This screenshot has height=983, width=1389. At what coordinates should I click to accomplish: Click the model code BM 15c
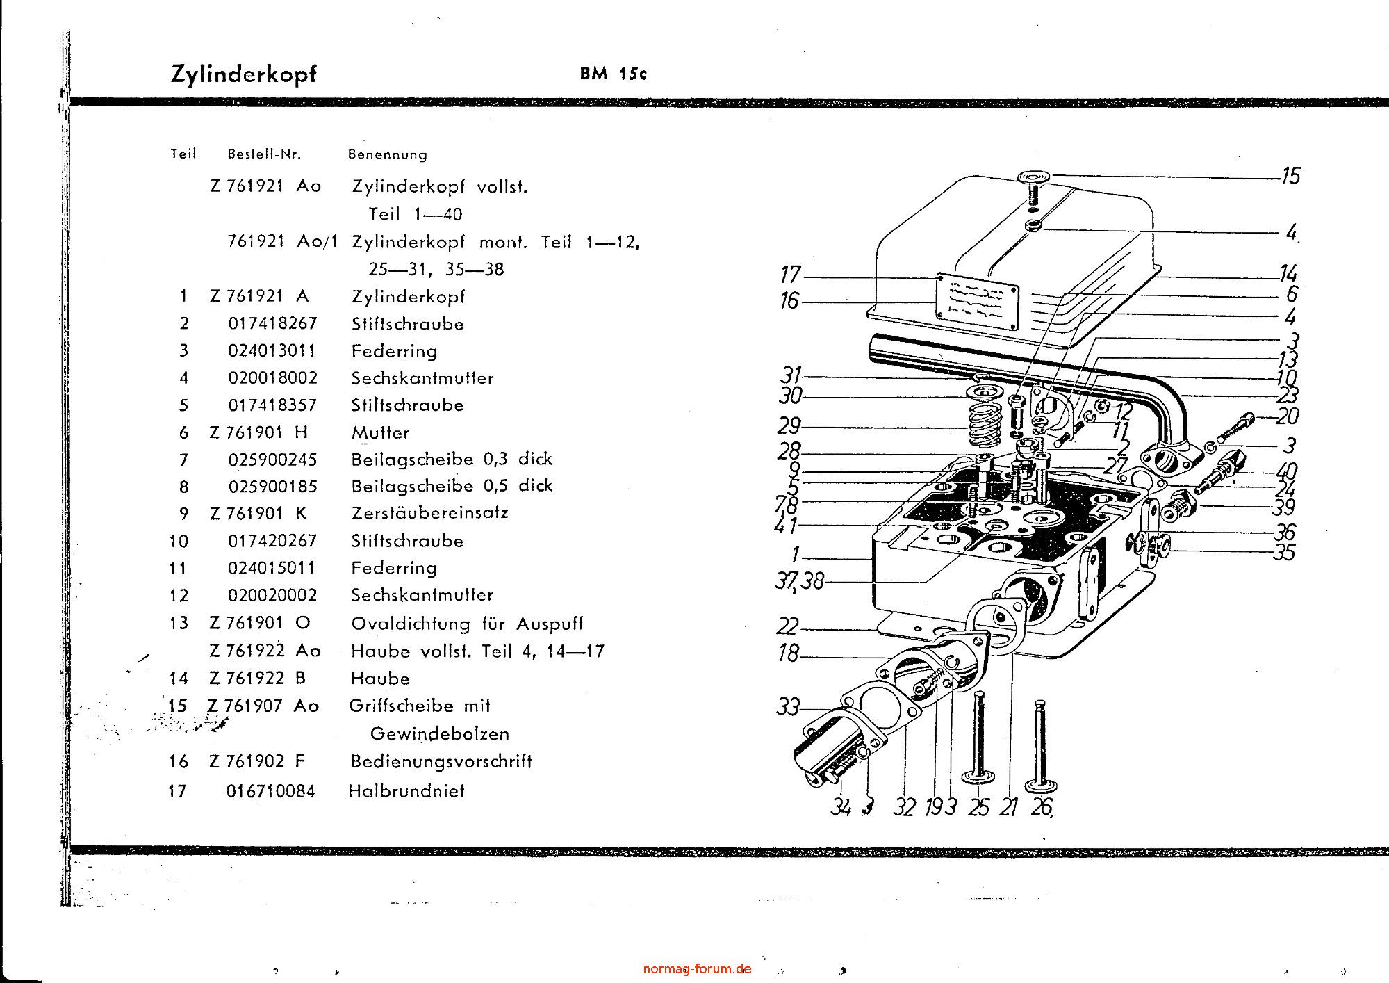coord(613,74)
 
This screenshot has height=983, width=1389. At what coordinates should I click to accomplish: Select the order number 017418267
coord(272,324)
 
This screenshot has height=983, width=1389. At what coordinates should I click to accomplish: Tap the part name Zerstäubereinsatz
coord(429,513)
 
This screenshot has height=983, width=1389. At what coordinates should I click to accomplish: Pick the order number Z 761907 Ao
coord(264,706)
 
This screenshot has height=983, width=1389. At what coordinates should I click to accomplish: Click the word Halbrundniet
coord(406,791)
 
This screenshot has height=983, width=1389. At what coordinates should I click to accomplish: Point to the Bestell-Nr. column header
coord(264,154)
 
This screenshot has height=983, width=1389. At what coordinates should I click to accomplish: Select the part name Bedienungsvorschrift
coord(441,762)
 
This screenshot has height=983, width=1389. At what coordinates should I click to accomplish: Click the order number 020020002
coord(272,596)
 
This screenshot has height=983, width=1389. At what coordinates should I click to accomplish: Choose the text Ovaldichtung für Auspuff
coord(467,624)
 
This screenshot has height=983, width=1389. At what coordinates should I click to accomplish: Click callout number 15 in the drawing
coord(1290,176)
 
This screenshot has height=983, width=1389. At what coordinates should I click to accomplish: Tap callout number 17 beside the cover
coord(791,275)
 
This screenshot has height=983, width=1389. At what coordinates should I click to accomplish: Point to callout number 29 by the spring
coord(789,425)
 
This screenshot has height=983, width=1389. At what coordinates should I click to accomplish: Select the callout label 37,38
coord(799,581)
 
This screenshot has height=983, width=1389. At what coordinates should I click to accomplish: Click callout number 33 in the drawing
coord(788,708)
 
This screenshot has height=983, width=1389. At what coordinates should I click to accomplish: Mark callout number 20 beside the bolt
coord(1288,416)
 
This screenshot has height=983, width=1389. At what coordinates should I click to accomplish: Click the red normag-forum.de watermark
coord(697,968)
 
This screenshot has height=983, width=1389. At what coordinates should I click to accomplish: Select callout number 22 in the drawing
coord(788,626)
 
